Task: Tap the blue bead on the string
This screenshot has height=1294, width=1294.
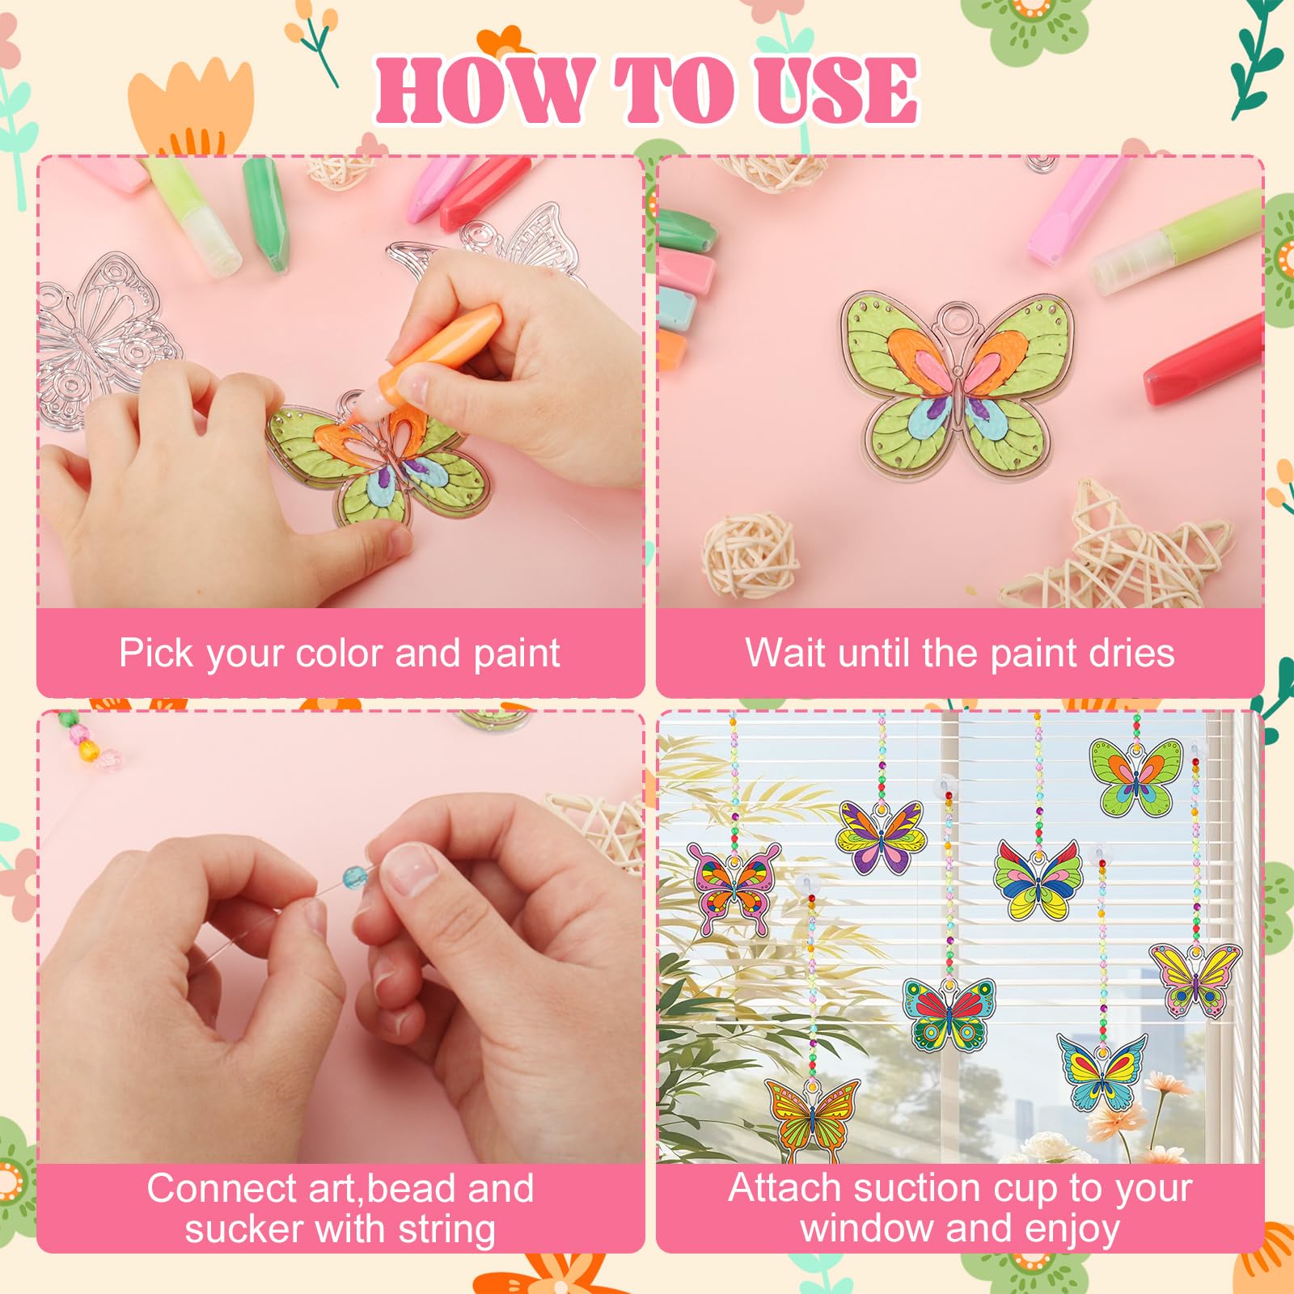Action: (354, 877)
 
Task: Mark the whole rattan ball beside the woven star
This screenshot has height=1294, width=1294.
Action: (751, 554)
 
